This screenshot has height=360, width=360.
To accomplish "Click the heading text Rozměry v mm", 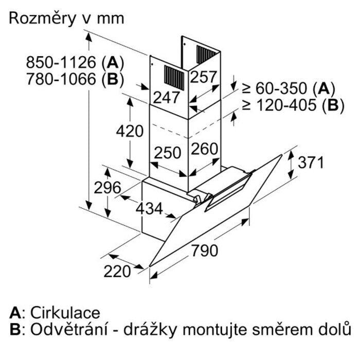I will (67, 19).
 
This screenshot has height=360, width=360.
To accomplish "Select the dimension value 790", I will (205, 251).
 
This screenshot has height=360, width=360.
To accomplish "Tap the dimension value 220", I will (117, 271).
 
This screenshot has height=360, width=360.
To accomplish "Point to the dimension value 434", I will (149, 209).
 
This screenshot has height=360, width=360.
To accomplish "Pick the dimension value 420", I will (129, 131).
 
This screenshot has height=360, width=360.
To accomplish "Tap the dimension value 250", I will (167, 153).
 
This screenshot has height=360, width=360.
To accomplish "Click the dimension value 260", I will (205, 150).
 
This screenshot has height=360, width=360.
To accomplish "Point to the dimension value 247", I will (166, 96).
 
